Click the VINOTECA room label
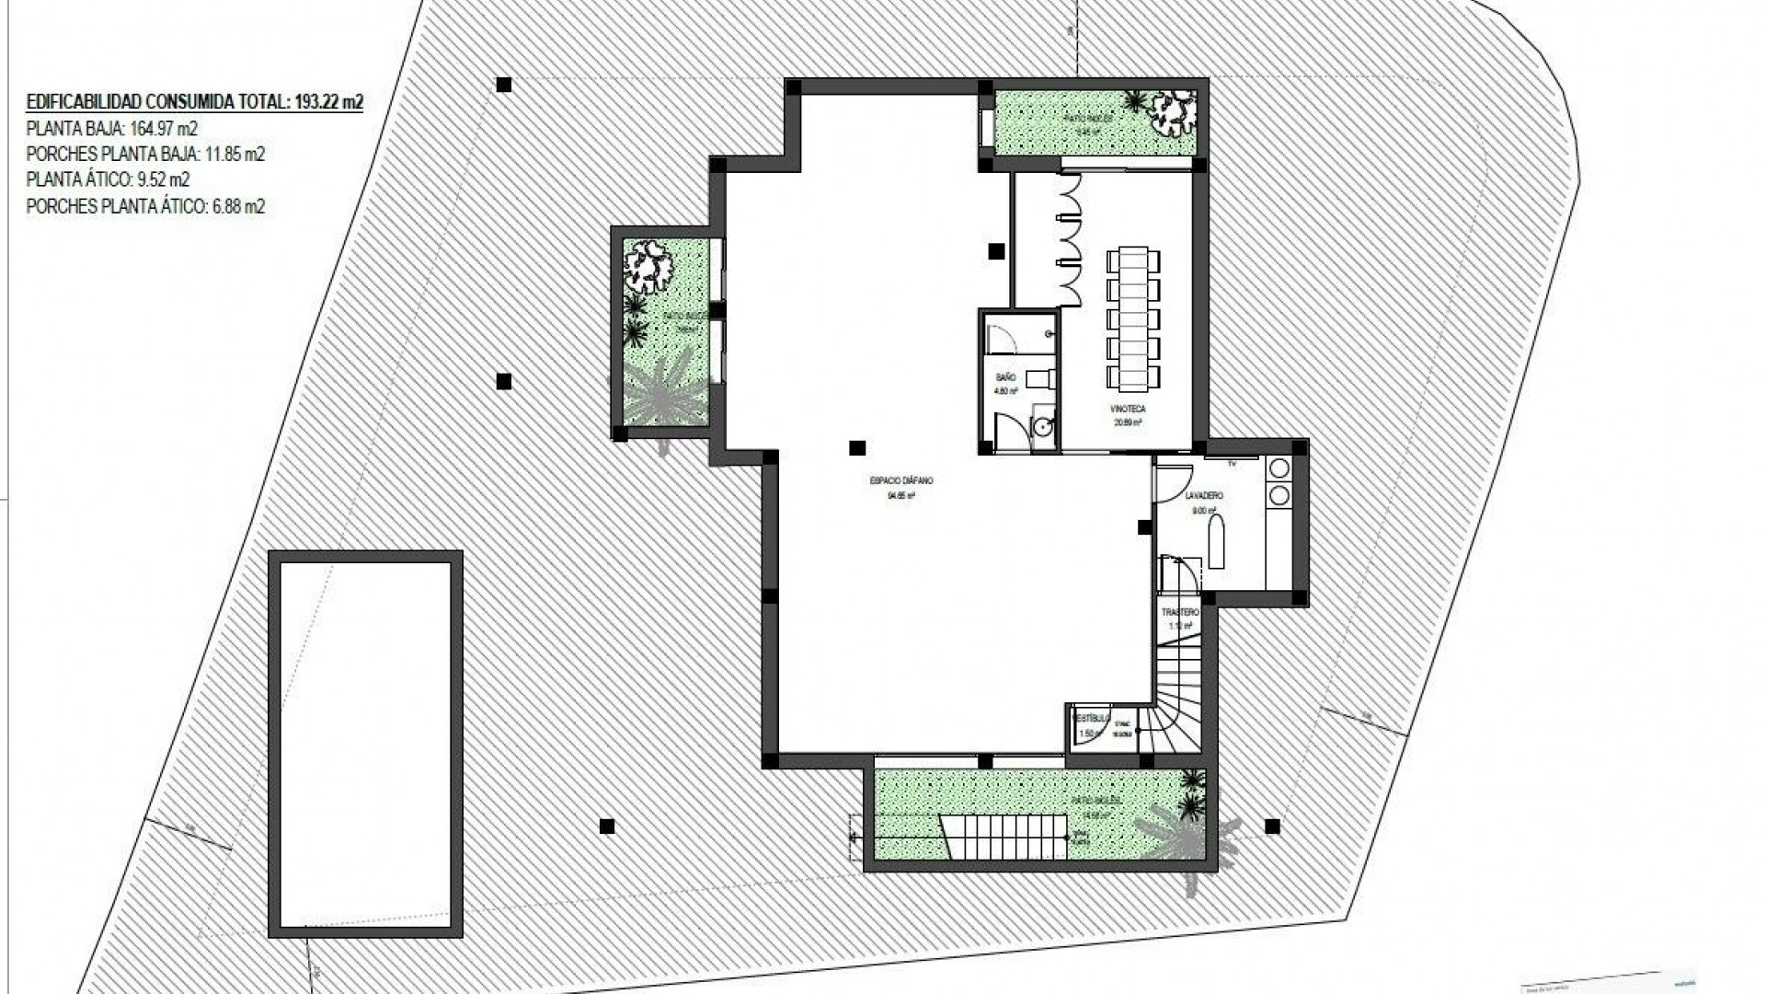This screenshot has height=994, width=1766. [x=1128, y=409]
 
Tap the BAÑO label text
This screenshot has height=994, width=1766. [x=1005, y=377]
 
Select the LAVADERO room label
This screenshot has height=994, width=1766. [x=1204, y=496]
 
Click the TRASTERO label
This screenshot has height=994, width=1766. [x=1180, y=612]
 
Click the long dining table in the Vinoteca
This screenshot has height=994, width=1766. [x=1133, y=318]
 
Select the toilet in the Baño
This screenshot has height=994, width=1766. [x=1039, y=378]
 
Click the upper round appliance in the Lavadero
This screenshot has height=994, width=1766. [x=1279, y=468]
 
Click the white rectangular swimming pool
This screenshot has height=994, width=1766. [x=365, y=745]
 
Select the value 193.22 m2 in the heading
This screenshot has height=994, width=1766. [x=328, y=102]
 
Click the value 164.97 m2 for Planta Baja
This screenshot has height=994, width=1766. [x=164, y=128]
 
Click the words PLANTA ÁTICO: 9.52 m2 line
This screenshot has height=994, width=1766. [x=108, y=179]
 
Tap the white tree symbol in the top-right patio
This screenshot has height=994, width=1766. [x=1172, y=110]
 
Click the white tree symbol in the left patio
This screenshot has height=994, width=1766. [x=649, y=266]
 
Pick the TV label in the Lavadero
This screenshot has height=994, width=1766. [x=1232, y=464]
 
